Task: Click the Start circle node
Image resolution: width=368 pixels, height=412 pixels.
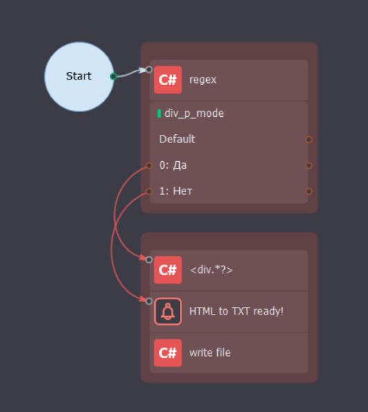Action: click(x=79, y=77)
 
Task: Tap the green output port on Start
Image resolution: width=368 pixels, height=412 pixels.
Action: click(x=113, y=76)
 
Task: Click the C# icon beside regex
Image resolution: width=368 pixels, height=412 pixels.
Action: click(x=167, y=79)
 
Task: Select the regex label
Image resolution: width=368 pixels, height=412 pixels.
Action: click(x=203, y=79)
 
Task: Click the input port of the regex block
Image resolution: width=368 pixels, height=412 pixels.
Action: click(x=149, y=70)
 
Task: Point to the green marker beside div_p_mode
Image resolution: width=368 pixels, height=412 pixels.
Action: click(x=159, y=113)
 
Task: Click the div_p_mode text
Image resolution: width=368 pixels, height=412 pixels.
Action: click(x=194, y=113)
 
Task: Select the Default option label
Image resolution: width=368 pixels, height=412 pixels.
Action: click(x=177, y=139)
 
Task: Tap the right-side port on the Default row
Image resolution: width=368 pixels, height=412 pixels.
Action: click(x=309, y=139)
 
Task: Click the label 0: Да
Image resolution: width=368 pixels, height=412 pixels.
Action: click(x=173, y=165)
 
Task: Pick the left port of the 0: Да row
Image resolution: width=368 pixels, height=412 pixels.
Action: click(x=149, y=165)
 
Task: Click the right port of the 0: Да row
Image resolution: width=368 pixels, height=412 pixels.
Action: click(x=309, y=165)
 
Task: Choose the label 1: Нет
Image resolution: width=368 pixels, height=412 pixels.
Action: click(x=176, y=191)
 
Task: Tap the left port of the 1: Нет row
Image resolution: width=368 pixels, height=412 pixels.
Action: click(x=149, y=191)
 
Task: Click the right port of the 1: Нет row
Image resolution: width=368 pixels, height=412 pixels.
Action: click(x=309, y=191)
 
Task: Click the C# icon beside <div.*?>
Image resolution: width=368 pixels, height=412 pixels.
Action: click(x=167, y=270)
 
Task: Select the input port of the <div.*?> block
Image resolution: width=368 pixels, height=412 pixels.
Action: click(x=149, y=260)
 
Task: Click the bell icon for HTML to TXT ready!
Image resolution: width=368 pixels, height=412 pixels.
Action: click(x=167, y=311)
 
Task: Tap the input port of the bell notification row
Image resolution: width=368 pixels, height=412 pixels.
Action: click(x=149, y=301)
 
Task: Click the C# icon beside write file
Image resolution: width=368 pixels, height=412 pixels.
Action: click(x=167, y=353)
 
